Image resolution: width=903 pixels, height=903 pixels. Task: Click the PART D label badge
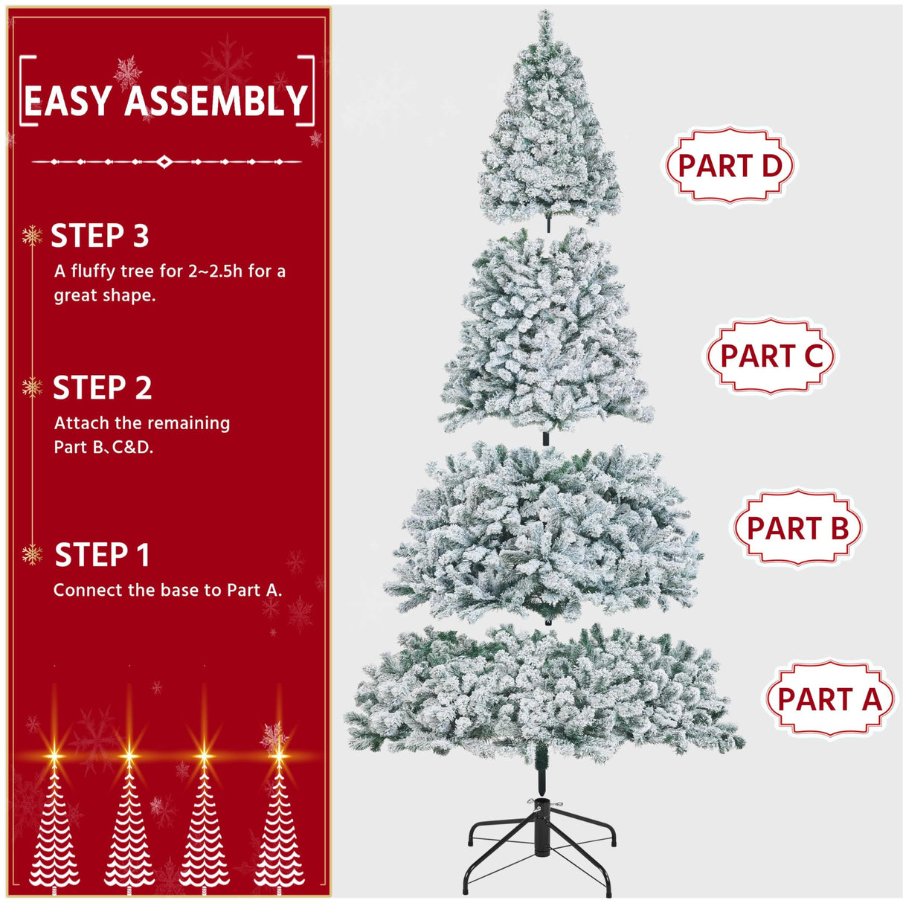tap(729, 165)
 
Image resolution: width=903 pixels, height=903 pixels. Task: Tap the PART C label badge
tap(771, 356)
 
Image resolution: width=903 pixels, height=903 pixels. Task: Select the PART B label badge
tap(797, 528)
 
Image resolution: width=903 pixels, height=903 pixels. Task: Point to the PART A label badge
tap(829, 699)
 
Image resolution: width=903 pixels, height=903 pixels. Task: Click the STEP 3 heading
tap(100, 237)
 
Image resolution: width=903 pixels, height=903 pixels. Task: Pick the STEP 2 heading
tap(102, 388)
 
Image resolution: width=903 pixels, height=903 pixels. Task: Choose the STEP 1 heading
tap(103, 556)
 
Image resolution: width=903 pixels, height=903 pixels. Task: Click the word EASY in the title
tap(68, 102)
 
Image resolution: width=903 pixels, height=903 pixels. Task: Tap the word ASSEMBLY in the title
tap(216, 102)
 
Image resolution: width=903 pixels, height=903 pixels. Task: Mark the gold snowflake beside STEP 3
tap(32, 237)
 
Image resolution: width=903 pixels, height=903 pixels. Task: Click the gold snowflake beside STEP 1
tap(32, 554)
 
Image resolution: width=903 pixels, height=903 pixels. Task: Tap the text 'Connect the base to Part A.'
tap(167, 591)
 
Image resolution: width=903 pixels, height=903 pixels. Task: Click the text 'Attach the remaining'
tap(142, 423)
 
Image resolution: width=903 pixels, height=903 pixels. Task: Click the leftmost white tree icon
tap(54, 826)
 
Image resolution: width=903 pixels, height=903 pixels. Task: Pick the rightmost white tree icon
tap(279, 826)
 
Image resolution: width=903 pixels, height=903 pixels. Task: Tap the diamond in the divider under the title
tap(165, 161)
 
